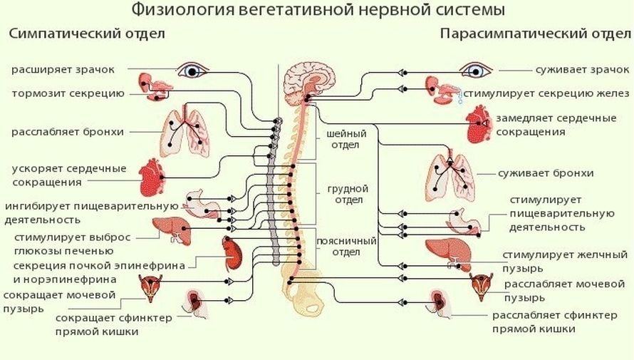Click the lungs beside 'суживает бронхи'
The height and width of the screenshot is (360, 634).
[x=450, y=178]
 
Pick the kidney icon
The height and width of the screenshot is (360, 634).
[x=232, y=252]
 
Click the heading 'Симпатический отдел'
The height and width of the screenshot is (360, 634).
[x=87, y=34]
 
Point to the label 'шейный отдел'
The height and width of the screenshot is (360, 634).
[x=346, y=139]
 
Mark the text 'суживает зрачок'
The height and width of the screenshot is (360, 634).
[x=583, y=70]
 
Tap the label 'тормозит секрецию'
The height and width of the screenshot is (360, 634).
[x=68, y=93]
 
